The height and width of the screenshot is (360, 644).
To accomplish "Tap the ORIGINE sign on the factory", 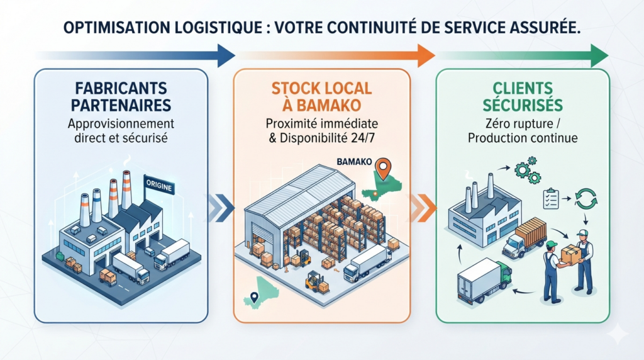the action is point(159,186).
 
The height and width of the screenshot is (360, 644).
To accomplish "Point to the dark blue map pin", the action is point(254,297).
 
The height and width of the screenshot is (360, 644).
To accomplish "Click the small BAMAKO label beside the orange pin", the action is point(354,162).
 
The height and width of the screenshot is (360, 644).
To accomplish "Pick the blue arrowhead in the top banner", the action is point(225,55).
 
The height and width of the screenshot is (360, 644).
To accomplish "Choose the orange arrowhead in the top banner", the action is point(426,55).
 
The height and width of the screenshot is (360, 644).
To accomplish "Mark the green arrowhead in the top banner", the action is point(599,55).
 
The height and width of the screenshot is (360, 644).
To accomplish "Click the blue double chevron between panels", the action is point(221,207).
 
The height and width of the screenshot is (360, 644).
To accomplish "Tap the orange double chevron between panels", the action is point(423,207).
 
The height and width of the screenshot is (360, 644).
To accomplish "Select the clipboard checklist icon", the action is point(550,198).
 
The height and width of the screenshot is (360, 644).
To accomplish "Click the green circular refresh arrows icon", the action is point(586,198).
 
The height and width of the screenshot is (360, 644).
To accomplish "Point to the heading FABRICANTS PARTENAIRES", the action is point(121,96).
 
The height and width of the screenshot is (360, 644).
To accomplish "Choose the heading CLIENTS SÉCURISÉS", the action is point(523,96).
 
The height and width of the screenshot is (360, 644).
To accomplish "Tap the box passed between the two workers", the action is point(570,254).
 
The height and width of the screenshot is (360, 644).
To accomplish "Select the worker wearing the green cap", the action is point(552,271).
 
